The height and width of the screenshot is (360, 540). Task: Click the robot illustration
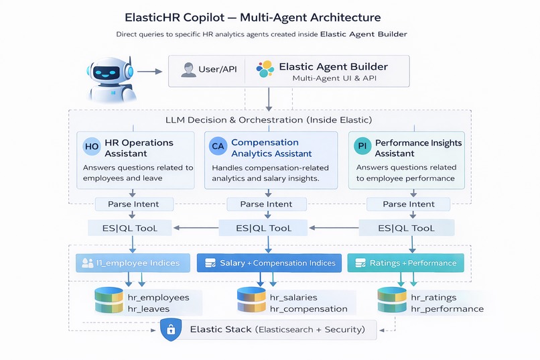(111, 76)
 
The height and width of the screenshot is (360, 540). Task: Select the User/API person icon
(188, 70)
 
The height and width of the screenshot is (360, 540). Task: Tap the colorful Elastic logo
(265, 69)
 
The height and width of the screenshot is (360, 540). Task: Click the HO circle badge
(92, 147)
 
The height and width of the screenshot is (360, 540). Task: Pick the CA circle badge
(218, 147)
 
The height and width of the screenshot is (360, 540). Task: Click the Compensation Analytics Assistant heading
(265, 147)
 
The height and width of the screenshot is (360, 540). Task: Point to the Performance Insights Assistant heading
(418, 147)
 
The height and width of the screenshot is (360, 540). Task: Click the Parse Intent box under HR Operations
(133, 204)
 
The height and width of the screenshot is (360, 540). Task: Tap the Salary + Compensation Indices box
(269, 263)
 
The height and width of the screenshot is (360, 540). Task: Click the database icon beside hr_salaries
(251, 302)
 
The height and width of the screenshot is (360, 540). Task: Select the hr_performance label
(447, 309)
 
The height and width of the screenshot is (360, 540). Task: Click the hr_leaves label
(149, 309)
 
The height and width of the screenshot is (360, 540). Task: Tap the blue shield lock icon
(171, 330)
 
